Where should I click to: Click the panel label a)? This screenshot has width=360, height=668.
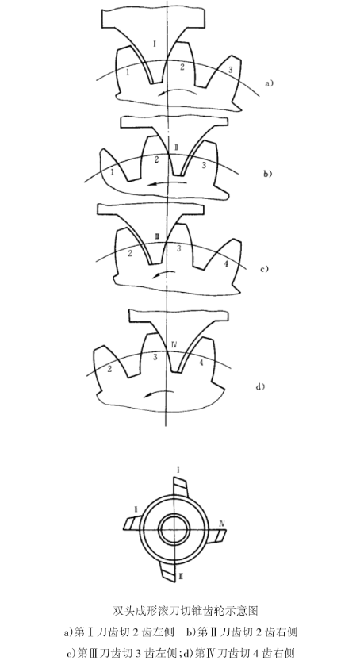[x=269, y=83]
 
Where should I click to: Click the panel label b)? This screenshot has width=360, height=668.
[x=267, y=174]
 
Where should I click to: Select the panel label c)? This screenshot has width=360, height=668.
[x=265, y=269]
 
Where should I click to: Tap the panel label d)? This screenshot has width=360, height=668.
[x=260, y=386]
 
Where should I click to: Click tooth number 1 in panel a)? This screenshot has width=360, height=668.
[x=128, y=72]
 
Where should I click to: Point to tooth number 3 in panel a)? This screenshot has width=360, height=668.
[x=231, y=70]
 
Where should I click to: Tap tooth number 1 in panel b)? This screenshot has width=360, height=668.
[x=112, y=172]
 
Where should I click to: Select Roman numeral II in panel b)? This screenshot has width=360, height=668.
[x=176, y=148]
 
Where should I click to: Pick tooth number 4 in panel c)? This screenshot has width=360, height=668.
[x=226, y=263]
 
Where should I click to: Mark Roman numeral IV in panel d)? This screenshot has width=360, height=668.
[x=174, y=344]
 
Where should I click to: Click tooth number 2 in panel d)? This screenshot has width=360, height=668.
[x=109, y=369]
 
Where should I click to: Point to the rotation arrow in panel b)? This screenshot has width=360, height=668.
[x=167, y=183]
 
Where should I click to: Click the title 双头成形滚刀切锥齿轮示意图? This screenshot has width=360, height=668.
[x=186, y=611]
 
